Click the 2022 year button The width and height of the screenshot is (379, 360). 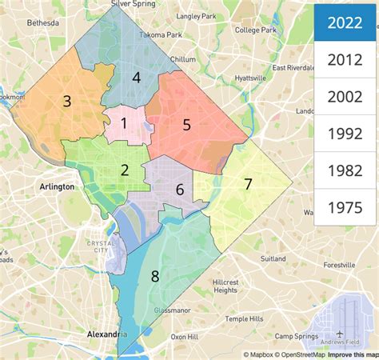pyautogui.click(x=345, y=22)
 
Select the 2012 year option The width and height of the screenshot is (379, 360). pyautogui.click(x=345, y=59)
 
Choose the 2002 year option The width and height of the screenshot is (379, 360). pyautogui.click(x=345, y=97)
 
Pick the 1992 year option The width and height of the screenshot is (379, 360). pyautogui.click(x=345, y=134)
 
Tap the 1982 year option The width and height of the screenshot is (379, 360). pyautogui.click(x=345, y=170)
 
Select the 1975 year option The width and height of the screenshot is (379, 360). pyautogui.click(x=345, y=207)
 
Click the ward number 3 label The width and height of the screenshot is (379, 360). pyautogui.click(x=67, y=101)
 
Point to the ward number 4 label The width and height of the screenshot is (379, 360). pyautogui.click(x=137, y=78)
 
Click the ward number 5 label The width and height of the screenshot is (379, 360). pyautogui.click(x=186, y=124)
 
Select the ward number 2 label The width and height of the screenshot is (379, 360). pyautogui.click(x=125, y=169)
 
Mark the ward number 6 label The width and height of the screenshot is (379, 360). pyautogui.click(x=180, y=189)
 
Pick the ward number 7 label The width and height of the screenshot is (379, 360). pyautogui.click(x=248, y=184)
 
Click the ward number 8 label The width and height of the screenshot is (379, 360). pyautogui.click(x=155, y=277)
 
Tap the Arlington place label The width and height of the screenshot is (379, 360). pyautogui.click(x=57, y=186)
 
